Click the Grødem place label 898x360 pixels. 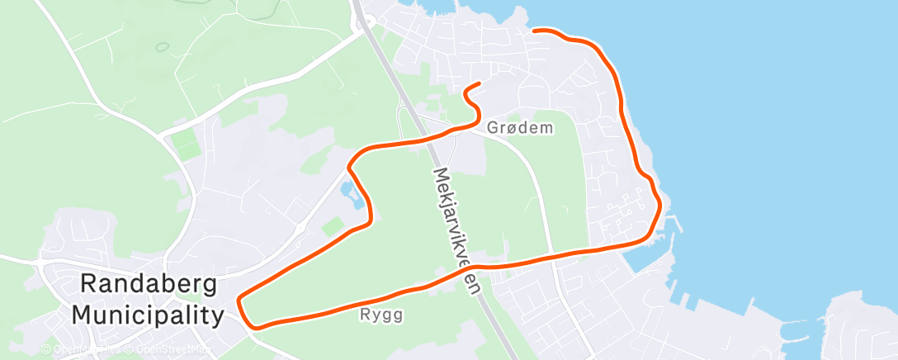pyautogui.click(x=520, y=128)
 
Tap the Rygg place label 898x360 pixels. pyautogui.click(x=380, y=315)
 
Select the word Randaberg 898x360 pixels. pyautogui.click(x=149, y=286)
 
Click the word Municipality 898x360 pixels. pyautogui.click(x=148, y=315)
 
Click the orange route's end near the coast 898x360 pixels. pyautogui.click(x=535, y=31)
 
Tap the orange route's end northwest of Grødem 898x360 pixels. pyautogui.click(x=480, y=84)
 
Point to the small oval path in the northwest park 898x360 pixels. pyautogui.click(x=163, y=47)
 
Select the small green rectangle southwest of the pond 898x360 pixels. pyautogui.click(x=332, y=225)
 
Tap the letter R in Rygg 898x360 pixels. pyautogui.click(x=366, y=315)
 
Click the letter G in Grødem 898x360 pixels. pyautogui.click(x=494, y=128)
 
